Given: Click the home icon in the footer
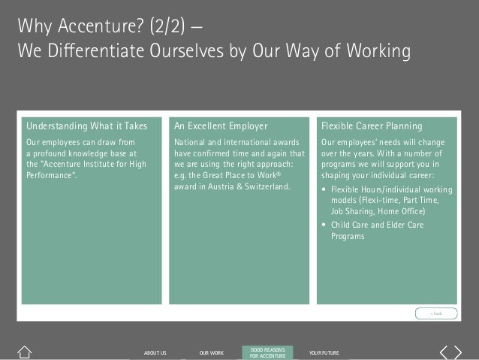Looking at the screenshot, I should [x=25, y=351].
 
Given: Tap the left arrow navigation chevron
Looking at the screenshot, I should [x=444, y=351].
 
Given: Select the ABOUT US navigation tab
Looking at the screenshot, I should [x=155, y=352].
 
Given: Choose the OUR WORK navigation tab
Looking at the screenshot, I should [x=212, y=352].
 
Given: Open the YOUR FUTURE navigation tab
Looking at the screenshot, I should [x=324, y=352].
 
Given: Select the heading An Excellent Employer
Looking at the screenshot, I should [x=221, y=126].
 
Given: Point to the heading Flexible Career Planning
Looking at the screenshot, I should [x=372, y=126].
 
